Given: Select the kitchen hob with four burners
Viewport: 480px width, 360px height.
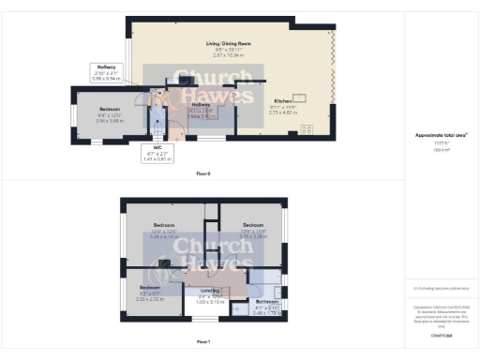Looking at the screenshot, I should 306,129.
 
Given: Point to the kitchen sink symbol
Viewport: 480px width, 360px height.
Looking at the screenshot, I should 302,97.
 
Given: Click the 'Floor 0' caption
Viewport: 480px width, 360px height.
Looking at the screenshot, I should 203,174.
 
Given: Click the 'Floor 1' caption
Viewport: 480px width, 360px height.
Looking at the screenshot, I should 203,341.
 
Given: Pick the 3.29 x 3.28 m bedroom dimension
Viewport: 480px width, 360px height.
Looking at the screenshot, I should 254,237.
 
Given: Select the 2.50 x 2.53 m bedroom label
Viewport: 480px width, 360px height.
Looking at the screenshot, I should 151,299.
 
